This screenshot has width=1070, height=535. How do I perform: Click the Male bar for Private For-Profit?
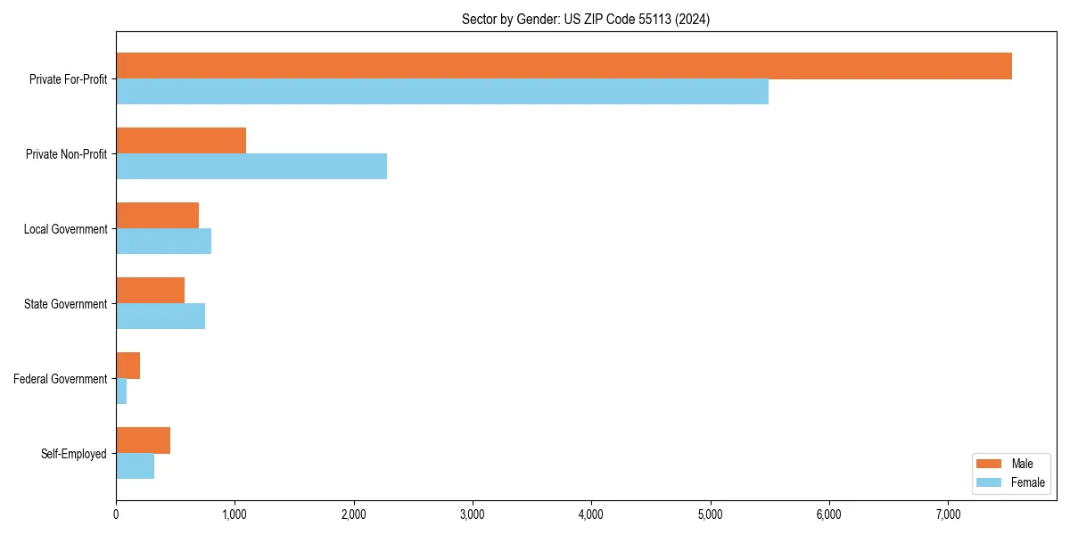point(564,66)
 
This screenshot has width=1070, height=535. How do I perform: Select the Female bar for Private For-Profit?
point(442,92)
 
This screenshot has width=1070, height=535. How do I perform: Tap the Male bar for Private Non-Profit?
point(181,141)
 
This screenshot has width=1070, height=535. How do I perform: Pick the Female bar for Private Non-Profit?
point(251,167)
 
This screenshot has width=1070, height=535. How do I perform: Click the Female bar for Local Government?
point(163,242)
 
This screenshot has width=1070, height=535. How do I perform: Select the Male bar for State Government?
point(150,291)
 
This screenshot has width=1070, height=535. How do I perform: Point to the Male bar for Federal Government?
point(128,366)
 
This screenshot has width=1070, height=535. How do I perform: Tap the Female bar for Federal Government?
point(121,391)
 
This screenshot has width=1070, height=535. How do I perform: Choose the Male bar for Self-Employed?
point(143,440)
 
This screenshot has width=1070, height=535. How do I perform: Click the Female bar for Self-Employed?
point(135,466)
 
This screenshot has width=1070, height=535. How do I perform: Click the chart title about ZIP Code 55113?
point(586,19)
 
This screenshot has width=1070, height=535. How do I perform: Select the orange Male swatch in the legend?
point(989,464)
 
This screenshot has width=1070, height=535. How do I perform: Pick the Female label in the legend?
point(1027,482)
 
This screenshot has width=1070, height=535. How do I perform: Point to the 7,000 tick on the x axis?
point(948,514)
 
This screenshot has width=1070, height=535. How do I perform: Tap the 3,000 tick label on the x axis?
point(473,514)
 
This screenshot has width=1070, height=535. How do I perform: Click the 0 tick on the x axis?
point(116,514)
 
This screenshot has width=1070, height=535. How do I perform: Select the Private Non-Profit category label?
point(66,154)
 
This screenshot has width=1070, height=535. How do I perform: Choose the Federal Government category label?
point(61,379)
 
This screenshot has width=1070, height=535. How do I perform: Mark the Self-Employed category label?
point(73,454)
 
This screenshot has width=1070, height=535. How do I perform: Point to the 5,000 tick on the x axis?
point(710,514)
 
